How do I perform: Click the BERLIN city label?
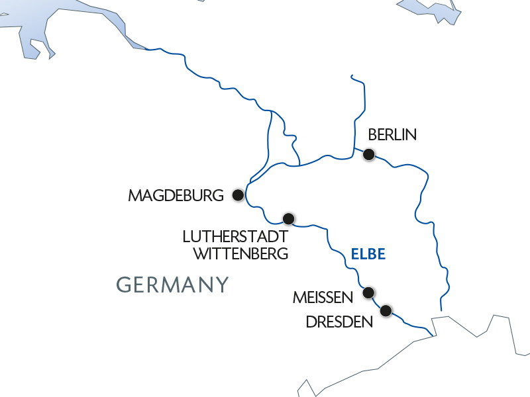[392, 135]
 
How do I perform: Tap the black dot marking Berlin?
[369, 155]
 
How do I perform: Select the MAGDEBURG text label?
[176, 196]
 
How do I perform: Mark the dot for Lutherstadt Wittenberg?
[288, 218]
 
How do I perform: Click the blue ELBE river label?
[368, 253]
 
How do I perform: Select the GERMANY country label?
[173, 285]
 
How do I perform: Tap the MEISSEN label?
[323, 298]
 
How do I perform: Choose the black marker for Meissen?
[369, 292]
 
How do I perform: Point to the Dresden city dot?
[386, 310]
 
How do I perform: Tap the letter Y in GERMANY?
[222, 285]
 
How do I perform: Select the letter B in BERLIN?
[372, 135]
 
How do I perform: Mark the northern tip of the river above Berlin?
[351, 75]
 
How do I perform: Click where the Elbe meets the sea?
[147, 49]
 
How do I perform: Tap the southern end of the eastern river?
[441, 310]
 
